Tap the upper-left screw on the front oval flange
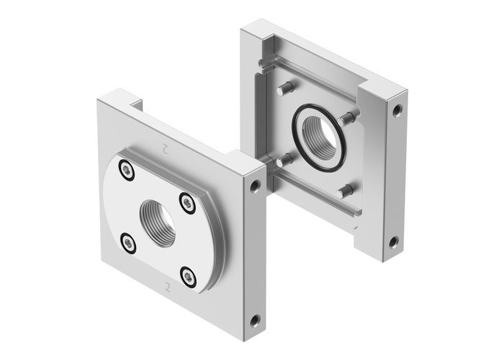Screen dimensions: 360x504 point(127,171)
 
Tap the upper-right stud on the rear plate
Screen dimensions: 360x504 point(349,115)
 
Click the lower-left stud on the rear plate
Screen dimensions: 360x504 point(284,158)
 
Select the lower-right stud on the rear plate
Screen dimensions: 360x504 point(346,191)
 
